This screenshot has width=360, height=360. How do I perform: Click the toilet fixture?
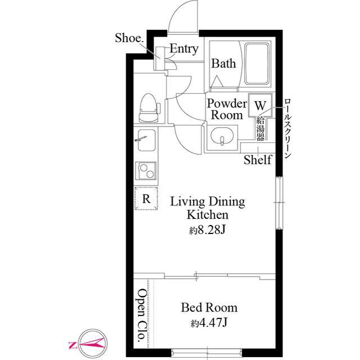coord(150,107)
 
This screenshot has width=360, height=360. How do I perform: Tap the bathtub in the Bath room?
coord(256,64)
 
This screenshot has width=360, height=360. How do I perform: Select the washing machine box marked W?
coord(260,105)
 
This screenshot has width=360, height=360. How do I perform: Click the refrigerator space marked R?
coord(146,199)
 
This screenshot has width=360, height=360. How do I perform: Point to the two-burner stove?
coord(146,171)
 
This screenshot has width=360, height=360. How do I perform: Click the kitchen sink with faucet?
coord(146,140)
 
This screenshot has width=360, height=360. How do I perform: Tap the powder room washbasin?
coord(222,136)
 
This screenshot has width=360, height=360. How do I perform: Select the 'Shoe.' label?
coord(129,38)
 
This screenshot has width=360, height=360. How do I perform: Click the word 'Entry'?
coord(184,49)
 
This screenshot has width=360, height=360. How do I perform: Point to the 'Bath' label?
coord(223,64)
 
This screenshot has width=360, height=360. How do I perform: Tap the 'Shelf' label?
coord(258,160)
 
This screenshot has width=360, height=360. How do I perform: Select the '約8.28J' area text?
coord(208,230)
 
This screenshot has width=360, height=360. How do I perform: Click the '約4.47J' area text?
coord(209,323)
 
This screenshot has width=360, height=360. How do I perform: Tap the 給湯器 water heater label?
coord(260,128)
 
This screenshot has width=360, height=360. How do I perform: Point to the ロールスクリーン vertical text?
coord(287,128)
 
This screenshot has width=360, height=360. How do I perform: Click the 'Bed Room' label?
coord(209,308)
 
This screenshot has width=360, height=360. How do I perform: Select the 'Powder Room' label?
coord(227,109)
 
